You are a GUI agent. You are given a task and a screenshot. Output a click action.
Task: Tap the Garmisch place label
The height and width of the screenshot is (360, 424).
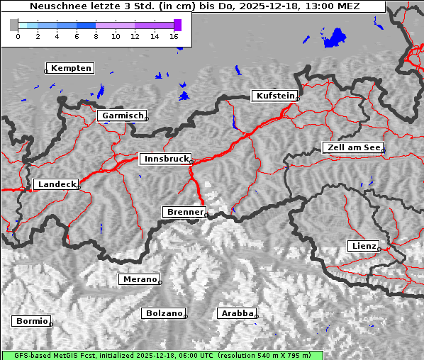123,116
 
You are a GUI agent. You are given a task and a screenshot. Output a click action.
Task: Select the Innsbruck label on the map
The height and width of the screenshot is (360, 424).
165,159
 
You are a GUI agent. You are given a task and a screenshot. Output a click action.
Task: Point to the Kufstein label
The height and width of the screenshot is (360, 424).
275,96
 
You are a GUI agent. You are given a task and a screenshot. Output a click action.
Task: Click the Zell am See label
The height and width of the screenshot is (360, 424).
352,147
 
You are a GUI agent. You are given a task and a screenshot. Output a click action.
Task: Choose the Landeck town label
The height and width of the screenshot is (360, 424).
56,184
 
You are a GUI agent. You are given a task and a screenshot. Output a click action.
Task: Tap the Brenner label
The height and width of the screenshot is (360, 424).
184,212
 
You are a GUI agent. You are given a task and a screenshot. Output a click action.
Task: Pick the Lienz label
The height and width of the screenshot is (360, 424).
363,246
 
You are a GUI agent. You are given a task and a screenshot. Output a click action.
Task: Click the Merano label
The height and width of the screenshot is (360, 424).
139,279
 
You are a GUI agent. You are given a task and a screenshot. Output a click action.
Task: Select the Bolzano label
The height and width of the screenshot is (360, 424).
164,313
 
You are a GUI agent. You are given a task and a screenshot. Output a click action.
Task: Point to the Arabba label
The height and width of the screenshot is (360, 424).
236,313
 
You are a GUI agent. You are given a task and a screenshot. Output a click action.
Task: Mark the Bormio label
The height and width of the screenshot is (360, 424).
31,321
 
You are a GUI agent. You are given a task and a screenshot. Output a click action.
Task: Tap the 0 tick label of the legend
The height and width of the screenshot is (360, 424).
18,36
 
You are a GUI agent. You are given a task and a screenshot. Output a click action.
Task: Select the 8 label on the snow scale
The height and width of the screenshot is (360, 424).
96,36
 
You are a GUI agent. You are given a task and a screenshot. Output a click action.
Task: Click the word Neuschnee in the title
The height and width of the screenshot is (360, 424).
57,6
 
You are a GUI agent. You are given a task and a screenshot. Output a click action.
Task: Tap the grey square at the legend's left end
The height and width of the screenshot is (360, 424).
13,25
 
